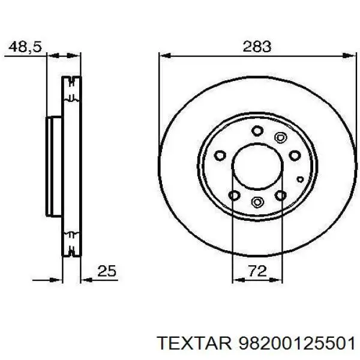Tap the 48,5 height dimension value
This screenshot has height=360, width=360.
25,46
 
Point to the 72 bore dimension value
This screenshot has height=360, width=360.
256,271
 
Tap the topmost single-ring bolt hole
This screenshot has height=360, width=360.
257,130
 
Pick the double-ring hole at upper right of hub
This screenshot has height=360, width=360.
280,137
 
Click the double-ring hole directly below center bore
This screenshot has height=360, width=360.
257,201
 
